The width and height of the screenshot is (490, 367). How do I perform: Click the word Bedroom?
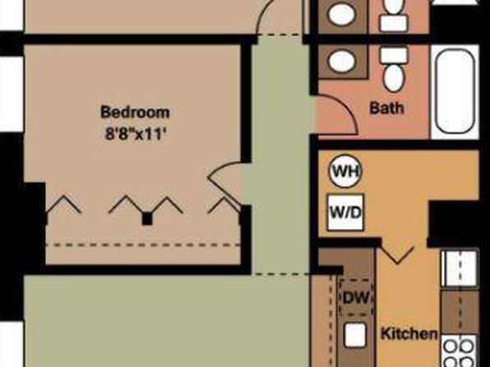click(135, 113)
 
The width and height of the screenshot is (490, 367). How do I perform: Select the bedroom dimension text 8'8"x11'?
click(135, 134)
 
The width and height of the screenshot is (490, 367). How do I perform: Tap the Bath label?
click(386, 109)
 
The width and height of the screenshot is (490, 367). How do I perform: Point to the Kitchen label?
click(409, 334)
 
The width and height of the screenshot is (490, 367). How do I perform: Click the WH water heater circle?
click(345, 171)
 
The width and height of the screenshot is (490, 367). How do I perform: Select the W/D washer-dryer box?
click(345, 213)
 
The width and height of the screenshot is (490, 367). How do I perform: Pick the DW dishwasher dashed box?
click(356, 297)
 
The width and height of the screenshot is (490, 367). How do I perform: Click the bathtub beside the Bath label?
click(455, 91)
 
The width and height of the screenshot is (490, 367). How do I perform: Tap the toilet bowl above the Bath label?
click(394, 78)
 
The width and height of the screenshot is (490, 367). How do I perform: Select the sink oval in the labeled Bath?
click(342, 62)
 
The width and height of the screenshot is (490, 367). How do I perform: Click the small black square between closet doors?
click(147, 219)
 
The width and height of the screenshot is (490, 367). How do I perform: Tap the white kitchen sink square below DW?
click(355, 335)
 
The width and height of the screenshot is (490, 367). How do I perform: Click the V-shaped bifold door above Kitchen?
click(397, 255)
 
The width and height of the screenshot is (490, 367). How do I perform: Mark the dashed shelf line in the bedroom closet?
click(143, 244)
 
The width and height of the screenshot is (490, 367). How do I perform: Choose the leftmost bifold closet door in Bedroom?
click(64, 205)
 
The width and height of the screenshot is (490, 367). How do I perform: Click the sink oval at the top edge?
click(342, 14)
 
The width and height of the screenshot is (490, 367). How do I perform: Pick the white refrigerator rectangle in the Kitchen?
click(459, 268)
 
